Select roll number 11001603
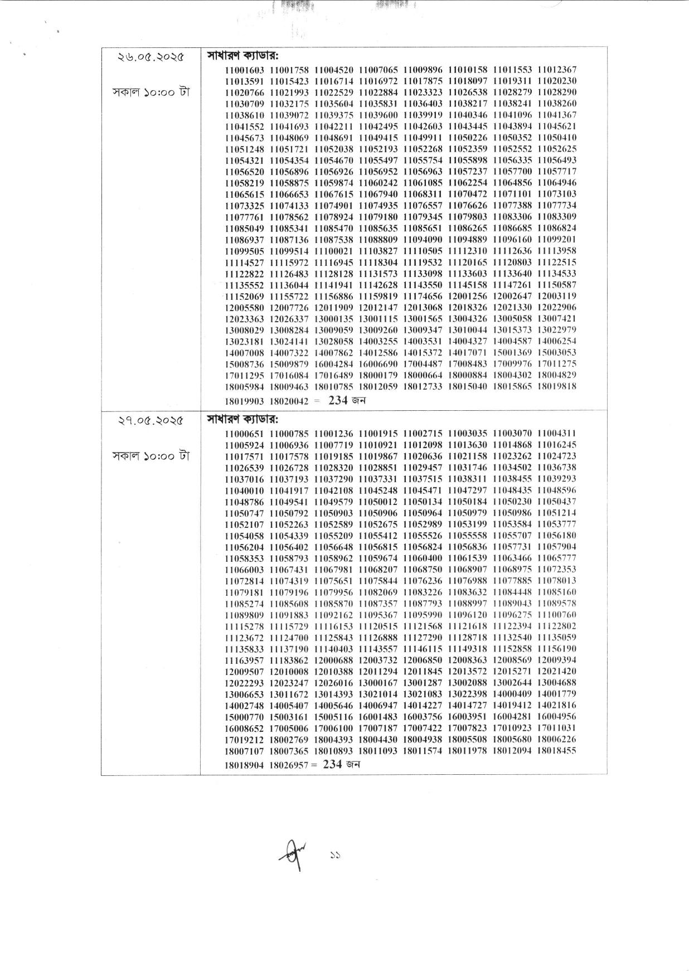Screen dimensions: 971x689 [x=245, y=70]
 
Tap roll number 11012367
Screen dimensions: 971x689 [x=557, y=70]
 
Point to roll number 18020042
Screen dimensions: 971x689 [x=289, y=401]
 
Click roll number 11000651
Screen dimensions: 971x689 [x=245, y=433]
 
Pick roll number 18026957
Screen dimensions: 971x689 [x=289, y=765]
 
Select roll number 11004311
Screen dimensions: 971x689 [x=557, y=433]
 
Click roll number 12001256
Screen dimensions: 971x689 [x=468, y=296]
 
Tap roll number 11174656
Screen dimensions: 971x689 [x=423, y=296]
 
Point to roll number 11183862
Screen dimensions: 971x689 [x=289, y=660]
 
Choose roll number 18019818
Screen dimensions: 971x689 [x=557, y=386]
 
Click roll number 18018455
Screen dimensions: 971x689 [x=557, y=751]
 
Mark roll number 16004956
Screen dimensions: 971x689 [x=557, y=717]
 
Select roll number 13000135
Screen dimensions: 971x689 [x=334, y=319]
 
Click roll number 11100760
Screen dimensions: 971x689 [x=557, y=615]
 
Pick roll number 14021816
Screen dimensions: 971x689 [x=557, y=705]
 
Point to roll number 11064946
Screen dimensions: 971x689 [x=557, y=183]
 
